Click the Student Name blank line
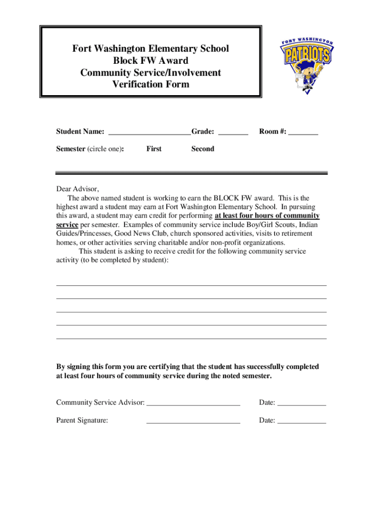[149, 133]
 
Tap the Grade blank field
[233, 133]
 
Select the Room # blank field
[303, 133]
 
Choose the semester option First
[154, 149]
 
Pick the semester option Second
[202, 149]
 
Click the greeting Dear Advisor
[78, 189]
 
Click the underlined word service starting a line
[67, 225]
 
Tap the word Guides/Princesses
[84, 234]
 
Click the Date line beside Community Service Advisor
[301, 403]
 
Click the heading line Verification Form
[151, 85]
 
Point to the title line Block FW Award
[151, 61]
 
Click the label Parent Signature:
[82, 421]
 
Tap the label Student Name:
[80, 132]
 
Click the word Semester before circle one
[71, 149]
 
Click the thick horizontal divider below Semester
[191, 173]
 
